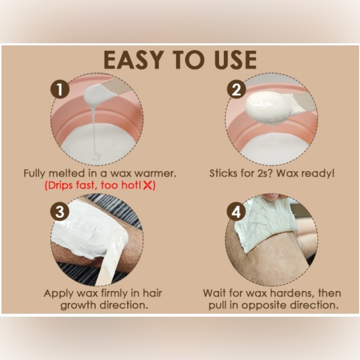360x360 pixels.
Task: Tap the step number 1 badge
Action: [x=60, y=89]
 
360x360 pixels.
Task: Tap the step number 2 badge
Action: [x=236, y=89]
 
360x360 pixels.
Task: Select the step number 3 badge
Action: [x=60, y=211]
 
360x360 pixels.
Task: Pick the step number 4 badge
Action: [x=236, y=211]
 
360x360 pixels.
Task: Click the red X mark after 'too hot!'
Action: [x=147, y=185]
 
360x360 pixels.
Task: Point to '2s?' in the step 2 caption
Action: [x=266, y=173]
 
